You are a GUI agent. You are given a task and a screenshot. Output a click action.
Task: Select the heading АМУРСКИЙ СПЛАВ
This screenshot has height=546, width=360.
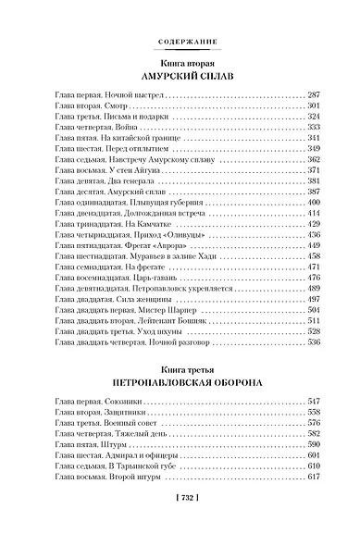point(180,78)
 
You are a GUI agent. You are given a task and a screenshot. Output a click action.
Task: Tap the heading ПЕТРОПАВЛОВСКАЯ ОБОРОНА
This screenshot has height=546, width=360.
point(180,379)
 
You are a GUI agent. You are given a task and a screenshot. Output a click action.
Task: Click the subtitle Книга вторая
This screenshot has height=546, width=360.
point(180,62)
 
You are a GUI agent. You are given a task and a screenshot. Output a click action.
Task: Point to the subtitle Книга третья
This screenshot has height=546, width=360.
point(180,365)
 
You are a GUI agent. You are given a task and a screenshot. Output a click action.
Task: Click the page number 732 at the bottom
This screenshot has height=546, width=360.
point(180,522)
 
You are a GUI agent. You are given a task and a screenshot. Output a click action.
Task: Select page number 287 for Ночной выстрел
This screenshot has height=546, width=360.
point(313,95)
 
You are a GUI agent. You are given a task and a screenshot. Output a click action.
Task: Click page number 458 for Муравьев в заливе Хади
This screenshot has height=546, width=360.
point(313,256)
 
